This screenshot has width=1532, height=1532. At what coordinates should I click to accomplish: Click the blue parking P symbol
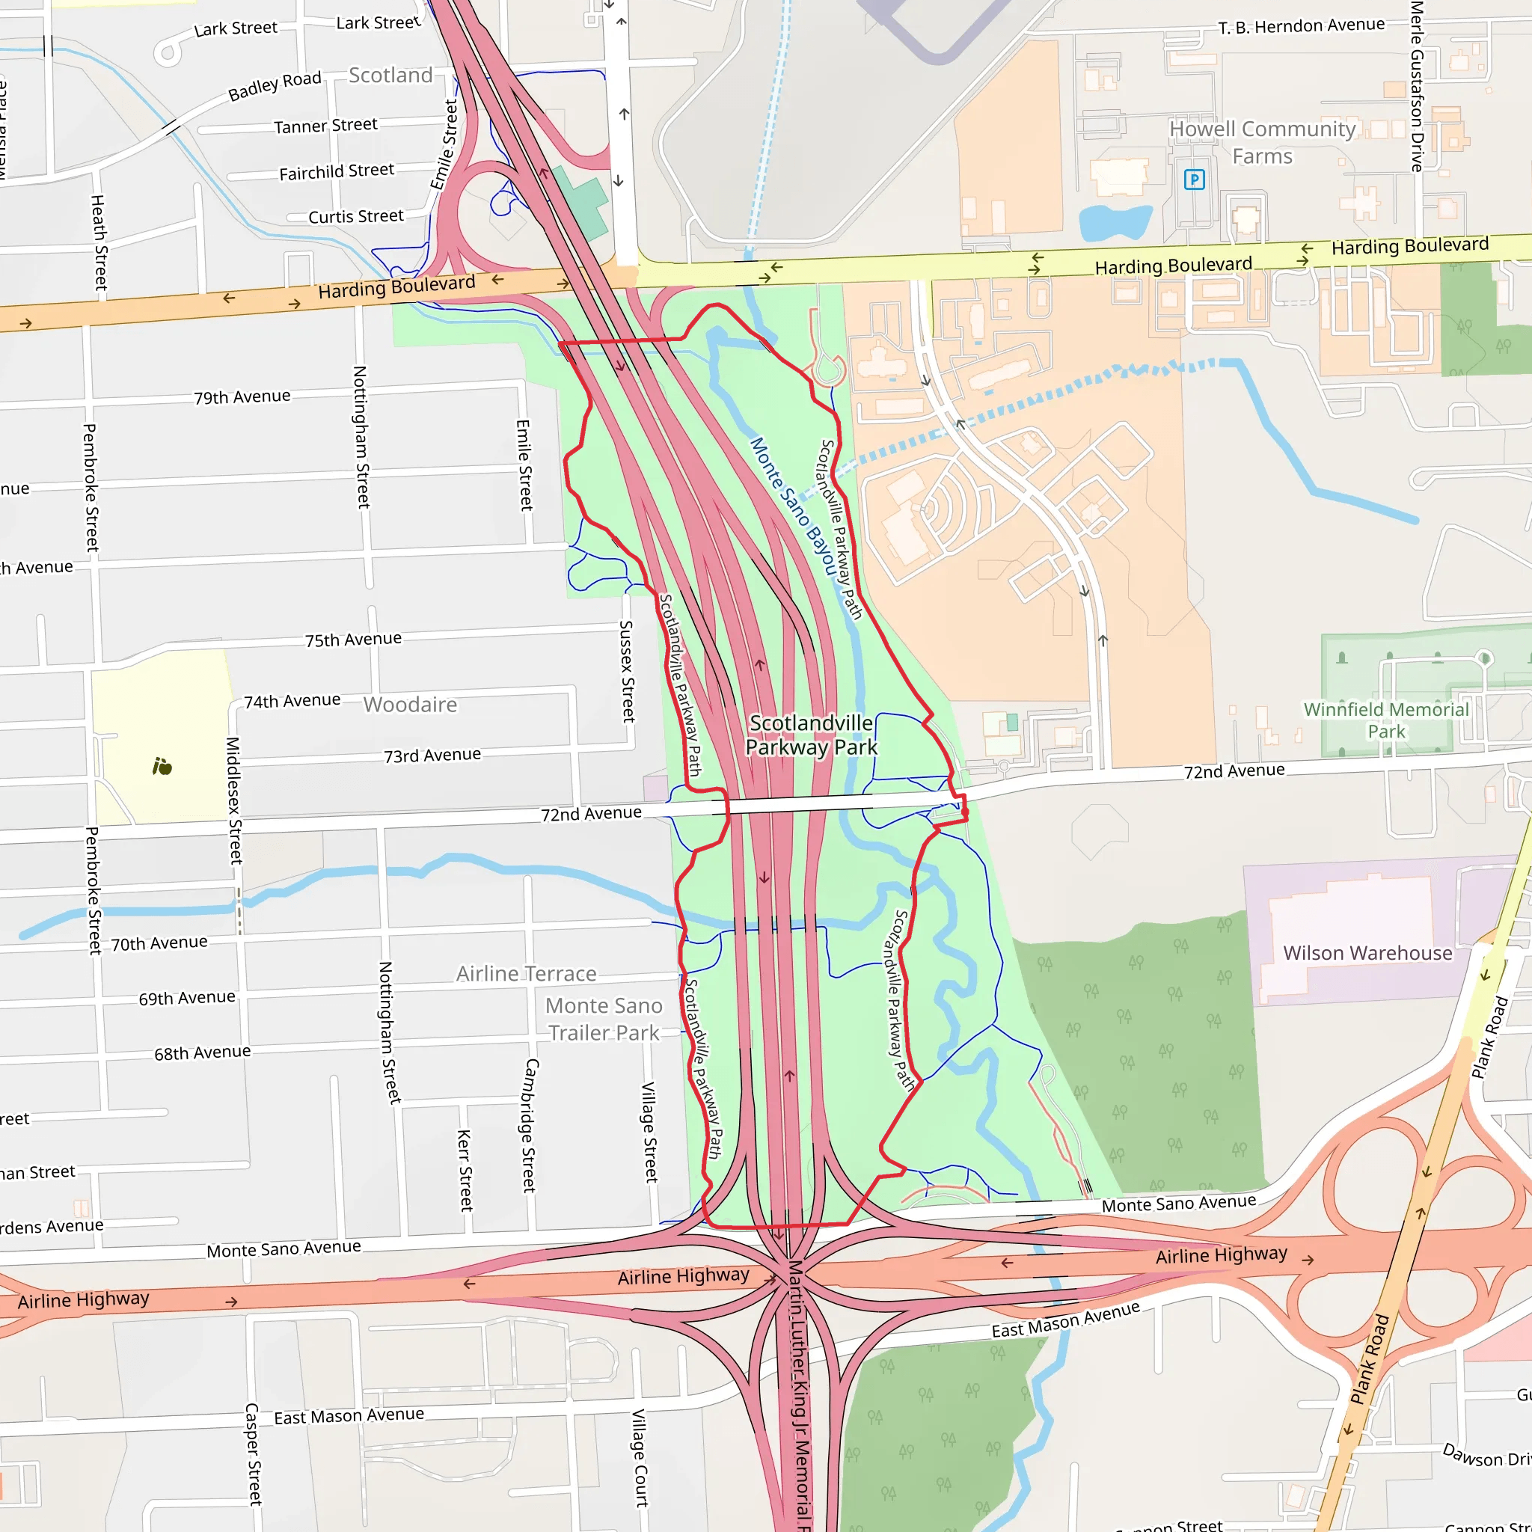coord(1193,180)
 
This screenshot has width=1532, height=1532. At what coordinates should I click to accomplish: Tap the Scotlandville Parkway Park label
coord(810,735)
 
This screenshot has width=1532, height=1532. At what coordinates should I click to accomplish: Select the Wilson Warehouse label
coord(1367,952)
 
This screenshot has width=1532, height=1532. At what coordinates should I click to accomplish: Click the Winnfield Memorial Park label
coord(1386,720)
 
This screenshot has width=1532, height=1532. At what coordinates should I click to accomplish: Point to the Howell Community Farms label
coord(1263,142)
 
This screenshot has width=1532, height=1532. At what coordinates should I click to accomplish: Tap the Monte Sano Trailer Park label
coord(604,1019)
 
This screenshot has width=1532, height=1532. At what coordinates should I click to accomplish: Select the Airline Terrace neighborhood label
coord(526,973)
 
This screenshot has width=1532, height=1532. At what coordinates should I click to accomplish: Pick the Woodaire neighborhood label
coord(410,704)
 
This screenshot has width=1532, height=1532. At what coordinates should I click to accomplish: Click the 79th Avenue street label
coord(242,396)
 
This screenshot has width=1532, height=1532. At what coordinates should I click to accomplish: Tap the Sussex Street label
coord(627,671)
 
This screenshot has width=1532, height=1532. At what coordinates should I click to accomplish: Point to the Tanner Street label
coord(325,125)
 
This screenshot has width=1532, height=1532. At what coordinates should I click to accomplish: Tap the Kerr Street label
coord(465,1170)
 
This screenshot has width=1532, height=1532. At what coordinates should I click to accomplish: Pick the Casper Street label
coord(252,1453)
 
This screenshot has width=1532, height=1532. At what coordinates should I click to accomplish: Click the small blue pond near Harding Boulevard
coord(1114,222)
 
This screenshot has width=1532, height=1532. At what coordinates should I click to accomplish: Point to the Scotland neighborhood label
coord(390,76)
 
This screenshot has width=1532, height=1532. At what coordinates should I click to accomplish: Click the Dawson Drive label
coord(1484,1456)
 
